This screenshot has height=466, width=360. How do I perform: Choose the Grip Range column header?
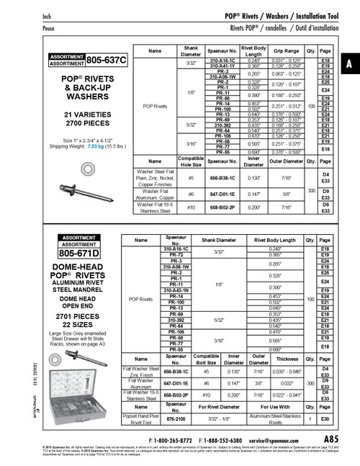point(287,52)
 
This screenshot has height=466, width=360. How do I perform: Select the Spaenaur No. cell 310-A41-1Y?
point(218,66)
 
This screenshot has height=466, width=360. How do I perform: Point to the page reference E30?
point(325,418)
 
